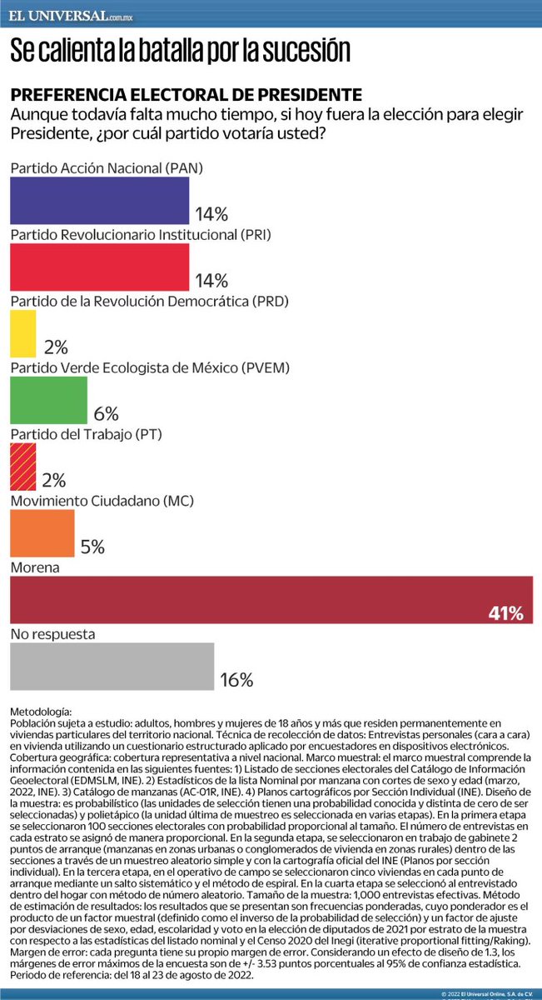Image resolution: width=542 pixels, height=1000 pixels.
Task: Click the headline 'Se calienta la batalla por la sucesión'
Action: pyautogui.click(x=180, y=51)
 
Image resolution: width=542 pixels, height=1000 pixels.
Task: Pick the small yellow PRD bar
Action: pyautogui.click(x=22, y=333)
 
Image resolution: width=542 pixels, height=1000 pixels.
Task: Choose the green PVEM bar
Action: pyautogui.click(x=48, y=400)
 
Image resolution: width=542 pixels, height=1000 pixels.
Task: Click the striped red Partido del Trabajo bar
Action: pyautogui.click(x=22, y=467)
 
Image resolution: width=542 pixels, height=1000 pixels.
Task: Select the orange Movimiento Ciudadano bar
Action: pyautogui.click(x=42, y=533)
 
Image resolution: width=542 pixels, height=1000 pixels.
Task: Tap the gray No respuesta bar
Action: pyautogui.click(x=112, y=667)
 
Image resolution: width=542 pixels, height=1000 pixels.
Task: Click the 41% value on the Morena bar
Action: pyautogui.click(x=506, y=614)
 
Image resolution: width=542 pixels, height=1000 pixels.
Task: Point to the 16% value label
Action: pyautogui.click(x=236, y=680)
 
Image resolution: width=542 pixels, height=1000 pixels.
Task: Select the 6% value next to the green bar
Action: pyautogui.click(x=106, y=413)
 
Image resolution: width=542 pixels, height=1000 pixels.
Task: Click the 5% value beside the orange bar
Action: pyautogui.click(x=92, y=547)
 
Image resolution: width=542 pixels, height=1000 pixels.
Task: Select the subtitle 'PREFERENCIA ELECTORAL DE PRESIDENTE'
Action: pyautogui.click(x=186, y=94)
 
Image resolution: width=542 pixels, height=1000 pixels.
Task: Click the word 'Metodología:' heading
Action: pyautogui.click(x=41, y=712)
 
